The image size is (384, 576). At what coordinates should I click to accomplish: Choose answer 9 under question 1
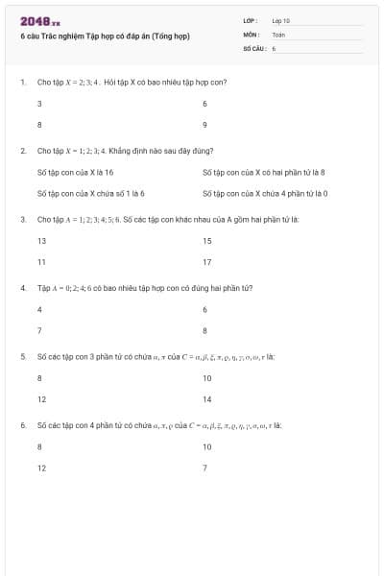(205, 125)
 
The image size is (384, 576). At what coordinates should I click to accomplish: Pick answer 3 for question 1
(39, 103)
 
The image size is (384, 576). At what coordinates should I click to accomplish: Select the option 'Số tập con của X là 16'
(75, 172)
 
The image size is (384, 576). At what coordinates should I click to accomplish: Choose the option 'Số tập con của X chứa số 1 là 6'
(90, 193)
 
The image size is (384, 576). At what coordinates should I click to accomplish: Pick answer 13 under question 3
(41, 241)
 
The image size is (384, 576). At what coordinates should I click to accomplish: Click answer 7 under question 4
(39, 330)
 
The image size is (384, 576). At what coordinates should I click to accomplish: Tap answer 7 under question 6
(205, 468)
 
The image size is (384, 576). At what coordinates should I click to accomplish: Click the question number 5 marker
(22, 356)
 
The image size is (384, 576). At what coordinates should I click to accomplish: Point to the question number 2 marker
(22, 151)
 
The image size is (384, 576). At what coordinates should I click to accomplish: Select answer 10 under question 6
(207, 446)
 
